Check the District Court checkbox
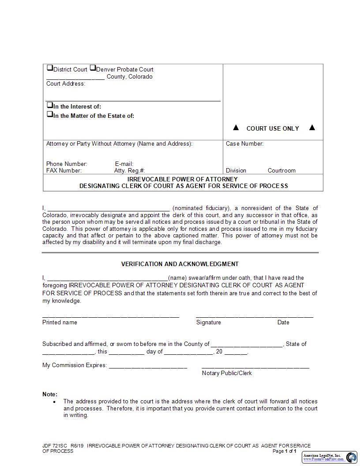coord(49,68)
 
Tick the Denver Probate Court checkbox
coord(93,68)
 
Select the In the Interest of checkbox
coord(49,105)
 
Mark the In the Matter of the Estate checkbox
coord(49,115)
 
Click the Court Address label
coord(66,83)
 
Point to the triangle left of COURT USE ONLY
coord(236,128)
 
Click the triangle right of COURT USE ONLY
coord(312,128)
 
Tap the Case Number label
coord(244,143)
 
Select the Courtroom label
coord(281,170)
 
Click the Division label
coord(236,170)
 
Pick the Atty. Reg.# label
coord(129,170)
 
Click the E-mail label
coord(124,164)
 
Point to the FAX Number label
coord(64,170)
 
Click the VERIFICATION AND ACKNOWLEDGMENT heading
coord(180,264)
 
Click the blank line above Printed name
coord(111,316)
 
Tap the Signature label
coord(208,322)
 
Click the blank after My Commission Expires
coord(148,366)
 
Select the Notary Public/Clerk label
coord(227,373)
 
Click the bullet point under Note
coord(54,402)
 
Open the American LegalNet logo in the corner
coord(330,457)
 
